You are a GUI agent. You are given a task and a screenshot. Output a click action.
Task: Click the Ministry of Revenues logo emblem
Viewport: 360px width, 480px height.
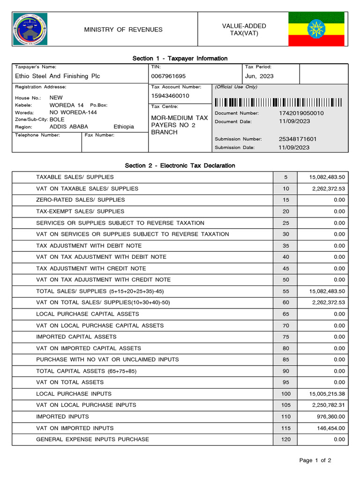pos(30,30)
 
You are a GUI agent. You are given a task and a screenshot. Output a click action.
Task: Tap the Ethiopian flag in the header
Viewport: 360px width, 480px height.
pos(316,29)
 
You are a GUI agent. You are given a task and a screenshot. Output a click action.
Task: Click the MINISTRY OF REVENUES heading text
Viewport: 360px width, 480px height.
pos(123,30)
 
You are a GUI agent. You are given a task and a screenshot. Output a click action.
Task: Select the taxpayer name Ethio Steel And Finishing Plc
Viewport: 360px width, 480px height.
pos(58,76)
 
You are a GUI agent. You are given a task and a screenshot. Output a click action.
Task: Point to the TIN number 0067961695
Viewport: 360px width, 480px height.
pos(168,76)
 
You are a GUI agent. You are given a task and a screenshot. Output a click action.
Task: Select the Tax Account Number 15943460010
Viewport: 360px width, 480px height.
pos(170,96)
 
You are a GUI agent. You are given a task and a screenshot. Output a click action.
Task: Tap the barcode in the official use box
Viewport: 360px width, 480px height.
pos(278,102)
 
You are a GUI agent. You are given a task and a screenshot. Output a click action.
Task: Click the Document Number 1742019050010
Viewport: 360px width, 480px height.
pos(301,113)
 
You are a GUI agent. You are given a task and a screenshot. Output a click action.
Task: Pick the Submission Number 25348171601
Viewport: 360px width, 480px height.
pos(298,139)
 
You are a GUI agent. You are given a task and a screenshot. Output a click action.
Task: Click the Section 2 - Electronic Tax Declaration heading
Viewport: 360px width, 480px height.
pos(180,165)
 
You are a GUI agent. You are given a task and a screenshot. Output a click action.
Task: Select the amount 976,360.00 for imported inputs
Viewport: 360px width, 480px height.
pos(328,416)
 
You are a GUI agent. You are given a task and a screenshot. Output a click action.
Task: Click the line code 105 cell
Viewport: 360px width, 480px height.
pos(286,405)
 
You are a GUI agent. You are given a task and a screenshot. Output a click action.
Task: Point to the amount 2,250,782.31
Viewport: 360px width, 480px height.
pos(325,405)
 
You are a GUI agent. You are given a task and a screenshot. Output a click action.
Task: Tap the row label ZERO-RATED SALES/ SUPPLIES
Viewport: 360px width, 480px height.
pos(81,200)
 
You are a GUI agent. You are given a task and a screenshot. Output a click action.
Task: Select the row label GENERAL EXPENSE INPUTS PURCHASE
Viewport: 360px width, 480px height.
pos(92,439)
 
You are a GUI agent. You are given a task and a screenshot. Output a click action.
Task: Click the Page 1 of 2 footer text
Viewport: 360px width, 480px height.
pos(315,460)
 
